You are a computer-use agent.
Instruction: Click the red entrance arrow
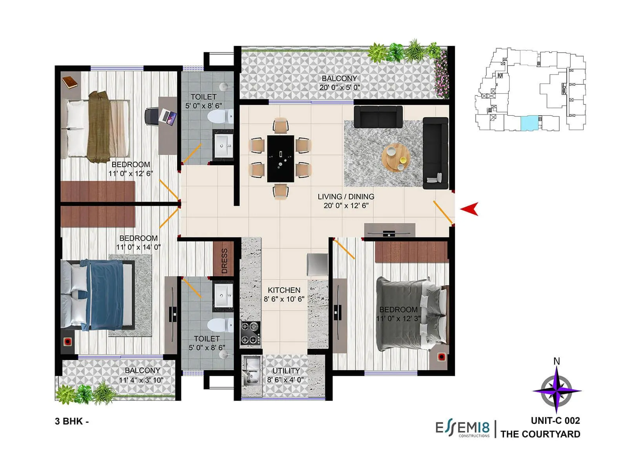[x=470, y=209]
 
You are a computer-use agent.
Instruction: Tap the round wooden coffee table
[x=396, y=157]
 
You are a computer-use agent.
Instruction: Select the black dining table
[x=280, y=158]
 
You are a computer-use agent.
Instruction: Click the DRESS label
[x=225, y=261]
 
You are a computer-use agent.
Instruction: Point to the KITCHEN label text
[x=284, y=290]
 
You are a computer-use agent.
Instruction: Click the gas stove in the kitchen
[x=250, y=333]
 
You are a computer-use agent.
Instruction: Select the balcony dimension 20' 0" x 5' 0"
[x=340, y=88]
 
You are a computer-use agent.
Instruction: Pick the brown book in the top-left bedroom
[x=70, y=82]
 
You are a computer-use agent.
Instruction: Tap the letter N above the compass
[x=556, y=361]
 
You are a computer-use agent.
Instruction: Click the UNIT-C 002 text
[x=555, y=421]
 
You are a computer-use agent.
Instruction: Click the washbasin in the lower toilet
[x=224, y=295]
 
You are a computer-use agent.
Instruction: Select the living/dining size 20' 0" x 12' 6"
[x=346, y=206]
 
